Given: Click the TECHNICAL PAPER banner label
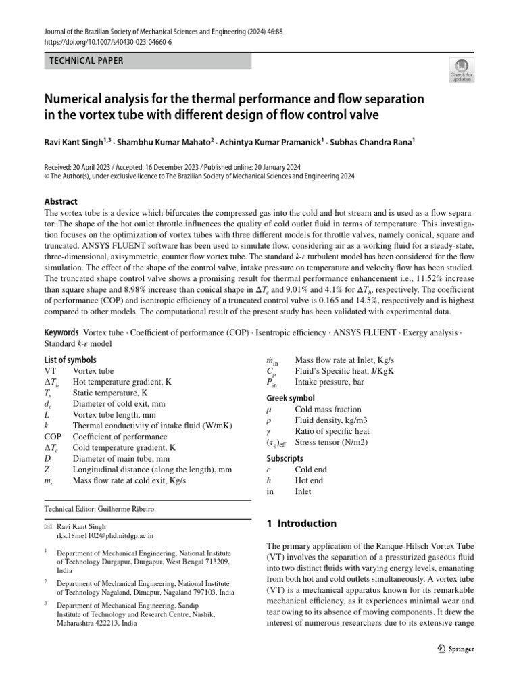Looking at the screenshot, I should point(86,61).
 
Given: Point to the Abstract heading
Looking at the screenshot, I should point(61,201).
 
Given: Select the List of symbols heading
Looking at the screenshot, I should point(70,360).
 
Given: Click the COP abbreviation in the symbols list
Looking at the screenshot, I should point(53,437).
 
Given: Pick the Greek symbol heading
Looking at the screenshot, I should point(291,398).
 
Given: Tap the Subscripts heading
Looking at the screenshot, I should point(285,439).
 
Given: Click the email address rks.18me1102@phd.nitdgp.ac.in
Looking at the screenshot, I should point(105,534).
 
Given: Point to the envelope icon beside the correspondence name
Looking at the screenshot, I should point(47,526).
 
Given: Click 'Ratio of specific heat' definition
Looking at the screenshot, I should point(332,431).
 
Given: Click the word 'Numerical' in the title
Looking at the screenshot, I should point(78,99).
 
